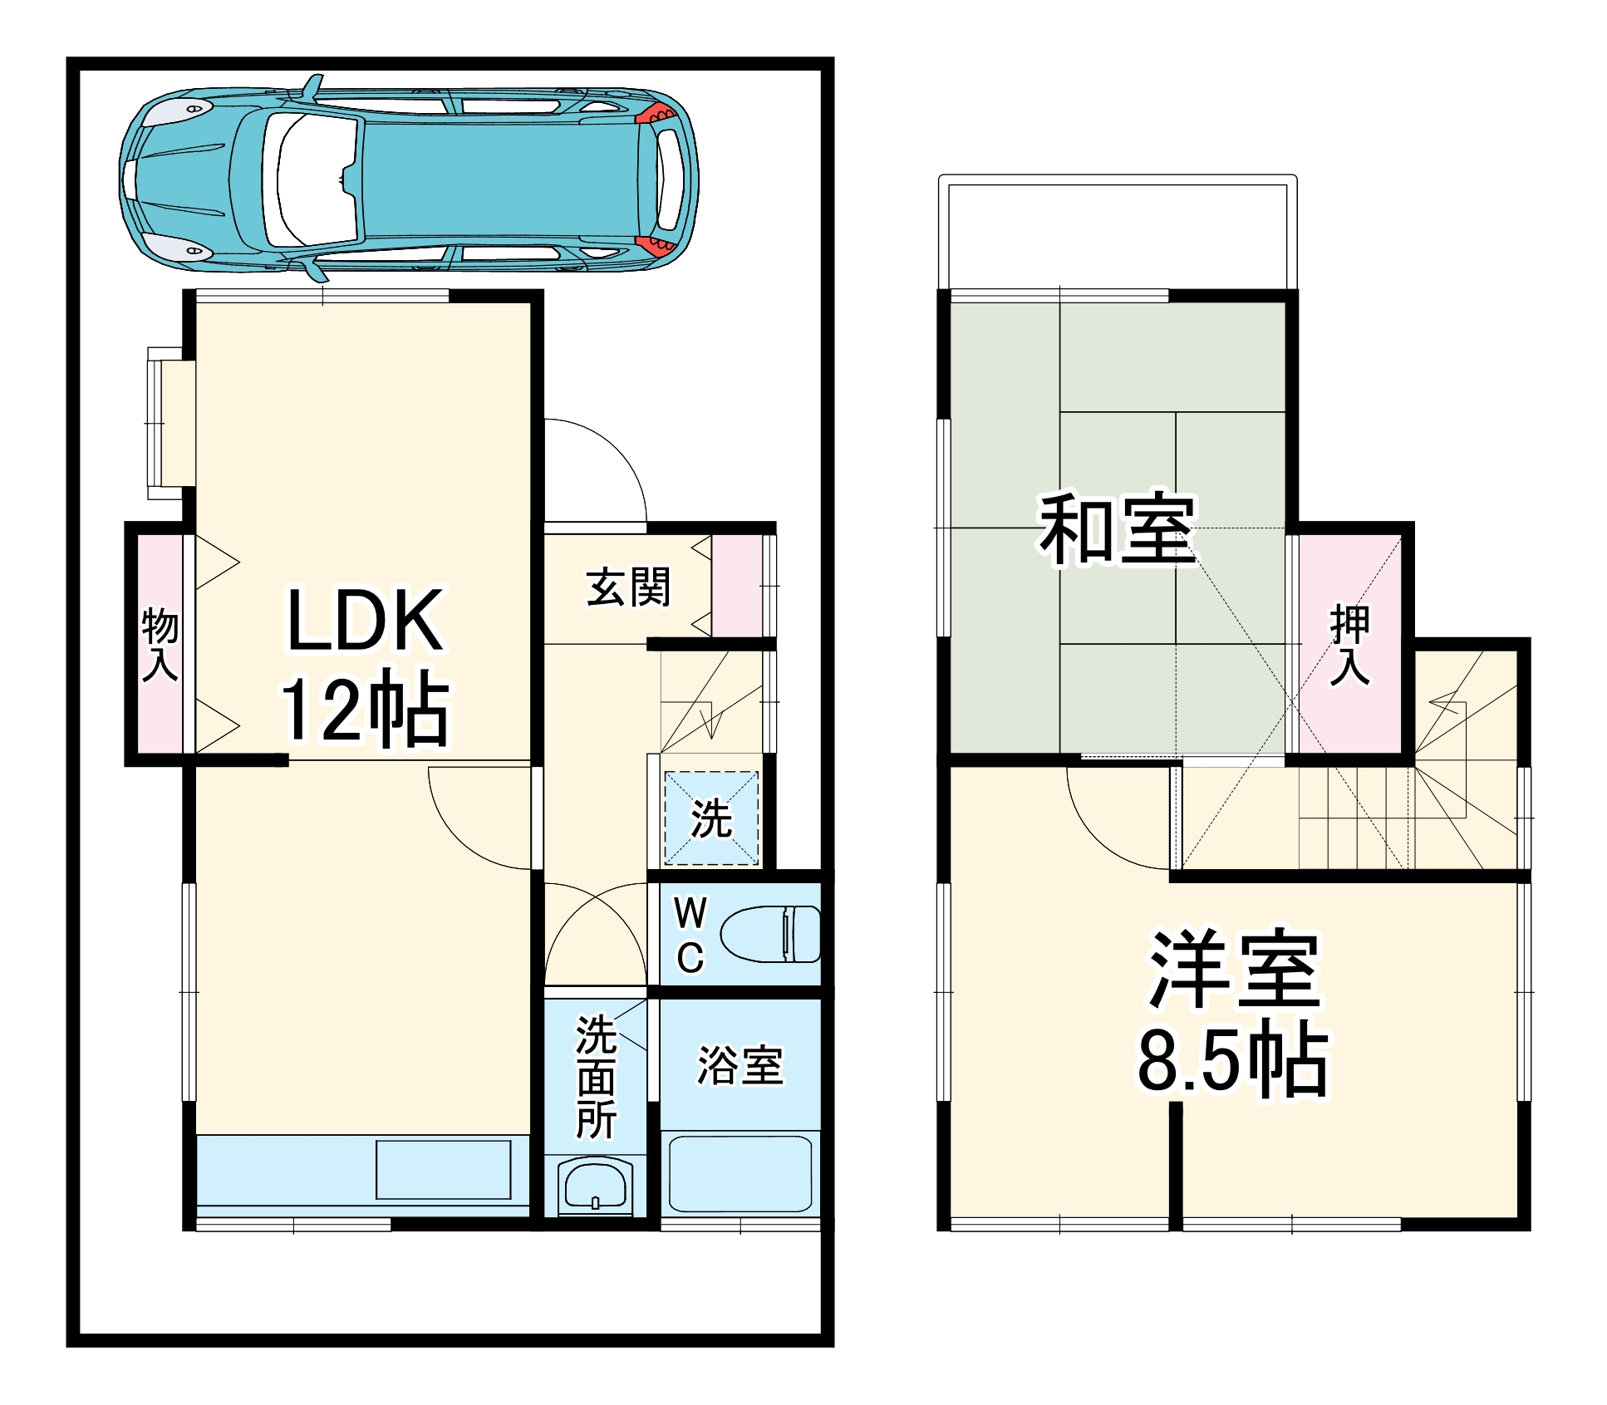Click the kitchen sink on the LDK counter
coord(443,1170)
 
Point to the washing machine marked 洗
coord(711,818)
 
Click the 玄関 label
coord(627,587)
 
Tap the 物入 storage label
coord(160,644)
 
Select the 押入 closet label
coord(1349,646)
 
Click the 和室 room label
coord(1117,529)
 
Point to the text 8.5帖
coord(1233,1060)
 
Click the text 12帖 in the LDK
coord(366,708)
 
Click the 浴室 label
coord(740,1065)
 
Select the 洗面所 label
coord(596,1076)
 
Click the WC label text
coord(690,935)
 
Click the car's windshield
coord(312,179)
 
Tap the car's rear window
coord(670,179)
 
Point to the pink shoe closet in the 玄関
coord(736,587)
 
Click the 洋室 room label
coord(1234,969)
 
